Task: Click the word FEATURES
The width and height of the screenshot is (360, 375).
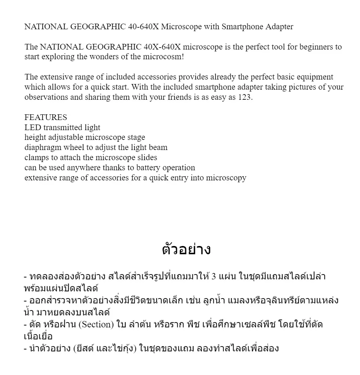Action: pyautogui.click(x=46, y=117)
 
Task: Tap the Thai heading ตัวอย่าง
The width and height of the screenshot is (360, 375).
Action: pyautogui.click(x=186, y=249)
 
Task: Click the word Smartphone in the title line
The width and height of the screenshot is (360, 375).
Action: pyautogui.click(x=242, y=27)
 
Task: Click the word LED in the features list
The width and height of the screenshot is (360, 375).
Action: pyautogui.click(x=33, y=127)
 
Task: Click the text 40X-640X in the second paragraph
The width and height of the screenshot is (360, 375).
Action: pyautogui.click(x=162, y=47)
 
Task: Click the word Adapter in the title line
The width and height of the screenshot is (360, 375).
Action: pyautogui.click(x=279, y=27)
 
